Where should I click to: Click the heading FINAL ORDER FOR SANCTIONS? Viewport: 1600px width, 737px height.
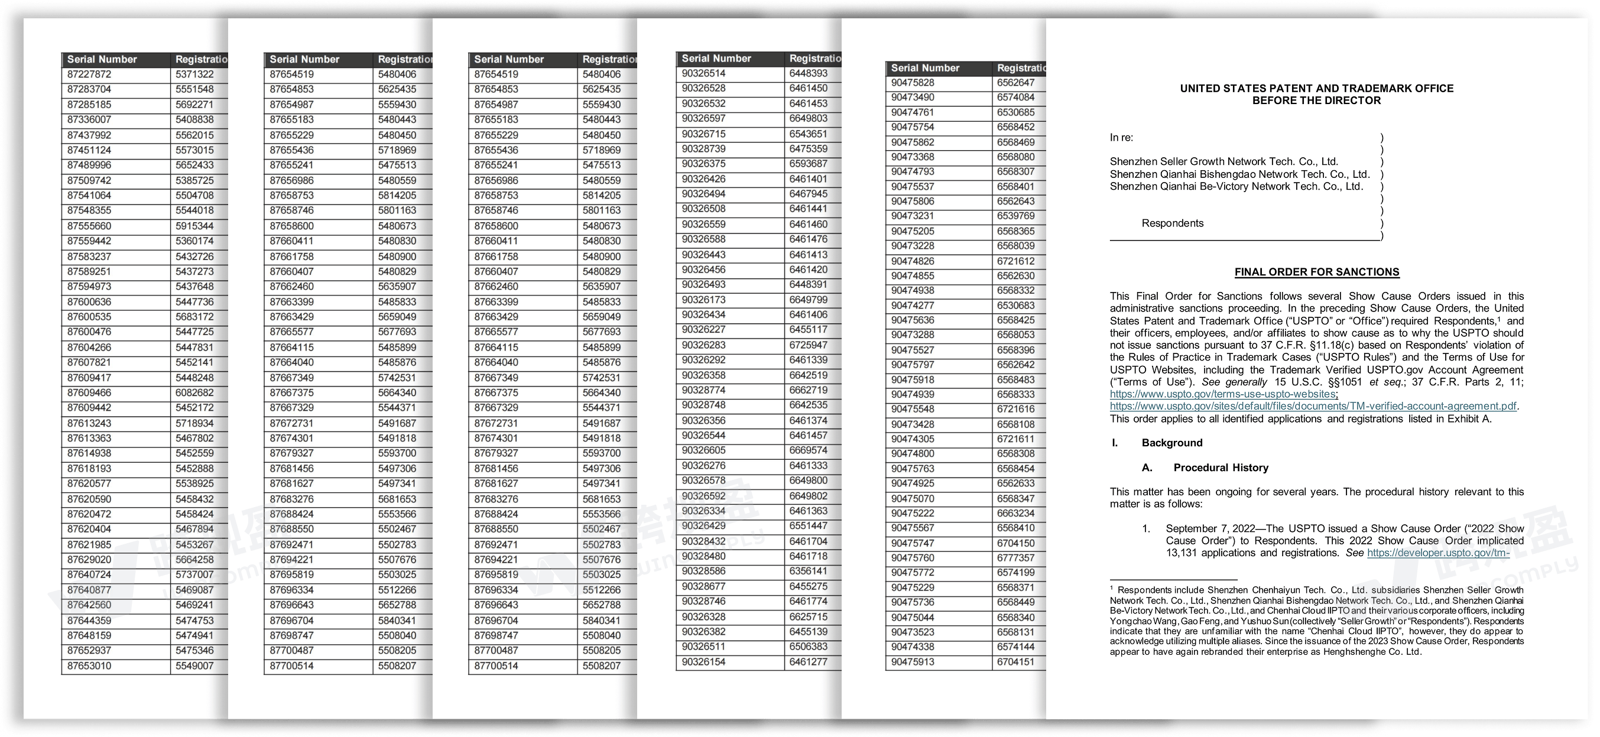pyautogui.click(x=1317, y=272)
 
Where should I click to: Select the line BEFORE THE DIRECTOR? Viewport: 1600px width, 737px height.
pyautogui.click(x=1317, y=100)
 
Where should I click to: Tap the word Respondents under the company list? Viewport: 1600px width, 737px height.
pyautogui.click(x=1172, y=223)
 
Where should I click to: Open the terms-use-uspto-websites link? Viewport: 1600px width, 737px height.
pyautogui.click(x=1223, y=394)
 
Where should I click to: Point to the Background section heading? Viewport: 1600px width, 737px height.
pyautogui.click(x=1171, y=443)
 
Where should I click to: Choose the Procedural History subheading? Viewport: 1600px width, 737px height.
pyautogui.click(x=1221, y=467)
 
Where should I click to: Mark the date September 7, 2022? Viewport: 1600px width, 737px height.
pyautogui.click(x=1208, y=529)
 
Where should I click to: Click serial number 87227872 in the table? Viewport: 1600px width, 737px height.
pyautogui.click(x=89, y=74)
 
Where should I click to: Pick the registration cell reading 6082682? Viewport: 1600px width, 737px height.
pyautogui.click(x=194, y=393)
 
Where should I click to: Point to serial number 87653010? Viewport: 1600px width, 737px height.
pyautogui.click(x=89, y=666)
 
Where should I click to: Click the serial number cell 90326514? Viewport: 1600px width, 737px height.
pyautogui.click(x=703, y=73)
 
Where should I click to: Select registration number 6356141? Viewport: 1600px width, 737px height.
pyautogui.click(x=808, y=572)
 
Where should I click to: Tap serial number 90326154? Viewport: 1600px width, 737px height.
pyautogui.click(x=703, y=662)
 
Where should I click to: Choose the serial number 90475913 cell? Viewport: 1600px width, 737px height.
pyautogui.click(x=913, y=662)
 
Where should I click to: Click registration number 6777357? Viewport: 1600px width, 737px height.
pyautogui.click(x=1015, y=558)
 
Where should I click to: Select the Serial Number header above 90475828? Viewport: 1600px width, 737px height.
pyautogui.click(x=925, y=69)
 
